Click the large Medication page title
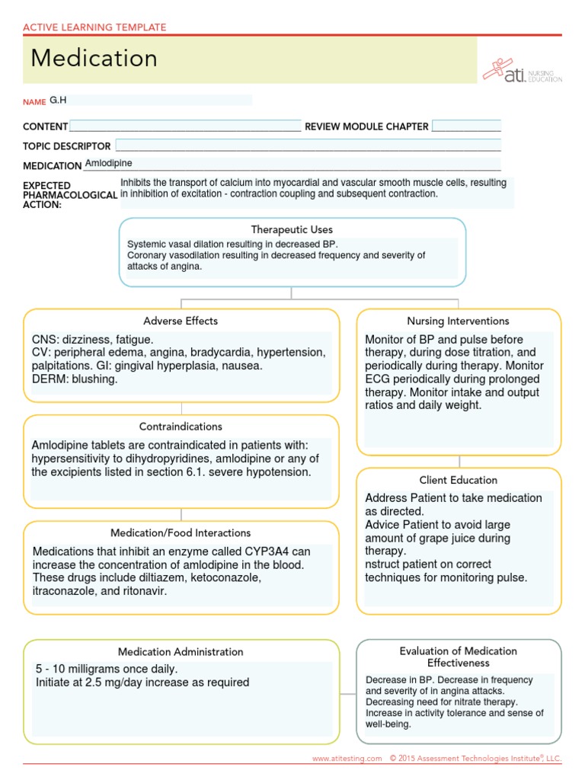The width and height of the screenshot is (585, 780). pyautogui.click(x=94, y=59)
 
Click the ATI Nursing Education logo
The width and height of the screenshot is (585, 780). pyautogui.click(x=523, y=71)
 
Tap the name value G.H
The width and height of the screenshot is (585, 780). pyautogui.click(x=59, y=100)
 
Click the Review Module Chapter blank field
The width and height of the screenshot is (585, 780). pyautogui.click(x=466, y=126)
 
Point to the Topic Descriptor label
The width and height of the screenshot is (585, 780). pyautogui.click(x=67, y=145)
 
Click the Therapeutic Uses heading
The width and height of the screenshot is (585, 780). pyautogui.click(x=292, y=229)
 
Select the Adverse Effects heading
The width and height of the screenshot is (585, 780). pyautogui.click(x=181, y=321)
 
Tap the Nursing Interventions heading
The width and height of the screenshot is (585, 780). pyautogui.click(x=458, y=321)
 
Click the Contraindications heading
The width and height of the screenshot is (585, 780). pyautogui.click(x=181, y=427)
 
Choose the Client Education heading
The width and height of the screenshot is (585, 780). pyautogui.click(x=458, y=480)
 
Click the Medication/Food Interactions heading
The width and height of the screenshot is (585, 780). pyautogui.click(x=181, y=532)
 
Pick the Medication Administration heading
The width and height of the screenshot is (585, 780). pyautogui.click(x=181, y=651)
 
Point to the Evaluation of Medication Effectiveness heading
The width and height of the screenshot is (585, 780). pyautogui.click(x=458, y=657)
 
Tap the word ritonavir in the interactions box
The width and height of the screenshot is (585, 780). pyautogui.click(x=142, y=590)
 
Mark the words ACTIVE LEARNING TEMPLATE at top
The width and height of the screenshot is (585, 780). pyautogui.click(x=94, y=27)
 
